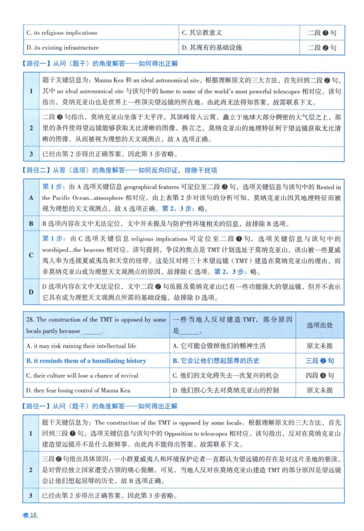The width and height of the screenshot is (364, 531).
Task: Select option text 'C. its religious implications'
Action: point(62,33)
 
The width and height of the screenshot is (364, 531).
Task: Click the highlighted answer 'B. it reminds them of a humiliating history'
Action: point(86,361)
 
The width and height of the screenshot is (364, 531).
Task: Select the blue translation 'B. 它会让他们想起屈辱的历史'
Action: point(216,361)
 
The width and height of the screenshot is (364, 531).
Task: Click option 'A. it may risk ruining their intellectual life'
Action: point(81,346)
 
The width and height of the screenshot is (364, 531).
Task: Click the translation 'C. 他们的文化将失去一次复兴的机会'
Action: point(226,376)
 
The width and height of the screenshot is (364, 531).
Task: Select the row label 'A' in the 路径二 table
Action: point(31,198)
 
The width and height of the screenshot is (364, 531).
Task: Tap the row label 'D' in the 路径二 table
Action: point(31,292)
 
